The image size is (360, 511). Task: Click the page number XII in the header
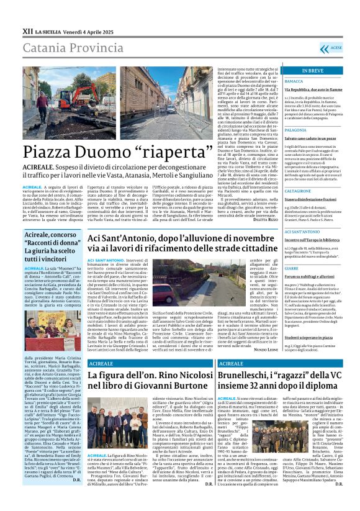click(27, 30)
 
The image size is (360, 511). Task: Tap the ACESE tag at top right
click(335, 47)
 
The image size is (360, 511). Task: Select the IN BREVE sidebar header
click(312, 71)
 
